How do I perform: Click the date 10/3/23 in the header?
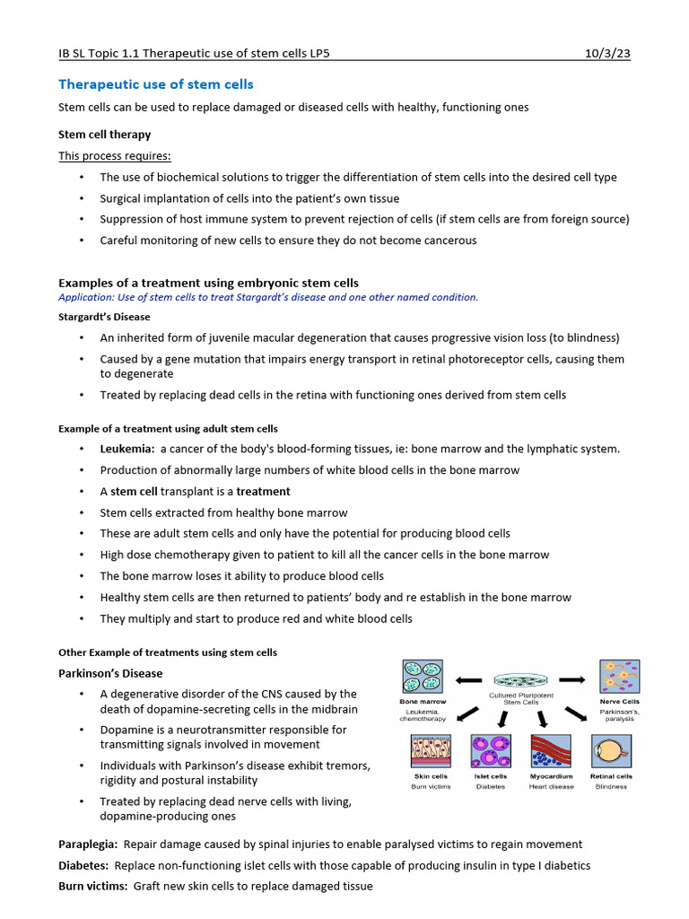point(607,54)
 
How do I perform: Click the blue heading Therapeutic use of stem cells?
point(156,84)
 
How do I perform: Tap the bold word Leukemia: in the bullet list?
point(127,449)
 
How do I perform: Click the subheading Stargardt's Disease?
point(104,317)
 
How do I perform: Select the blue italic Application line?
point(268,298)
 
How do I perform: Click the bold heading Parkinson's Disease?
point(110,673)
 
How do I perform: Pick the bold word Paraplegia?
point(88,845)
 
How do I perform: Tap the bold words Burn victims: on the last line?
point(93,886)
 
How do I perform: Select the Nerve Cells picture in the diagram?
point(619,678)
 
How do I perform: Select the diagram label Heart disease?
point(551,786)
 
